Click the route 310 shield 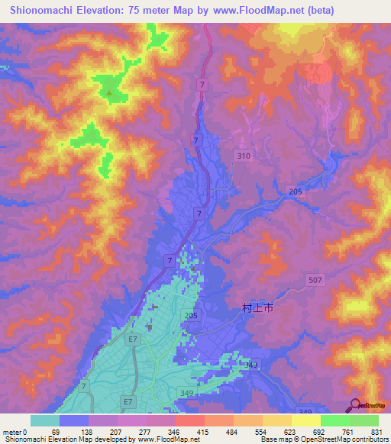click(x=242, y=156)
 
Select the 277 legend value click(x=142, y=432)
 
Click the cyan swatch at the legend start click(x=44, y=420)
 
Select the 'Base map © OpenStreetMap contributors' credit click(x=322, y=439)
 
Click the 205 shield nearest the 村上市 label click(x=190, y=315)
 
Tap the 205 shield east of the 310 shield click(x=296, y=192)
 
